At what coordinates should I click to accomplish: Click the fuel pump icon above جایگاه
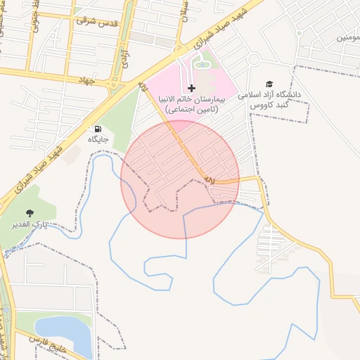click(97, 129)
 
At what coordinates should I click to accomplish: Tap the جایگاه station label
click(97, 139)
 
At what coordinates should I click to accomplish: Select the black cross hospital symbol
click(191, 88)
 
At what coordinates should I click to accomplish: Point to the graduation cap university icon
click(269, 83)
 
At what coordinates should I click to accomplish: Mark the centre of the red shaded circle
click(180, 179)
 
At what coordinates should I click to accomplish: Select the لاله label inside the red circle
click(210, 181)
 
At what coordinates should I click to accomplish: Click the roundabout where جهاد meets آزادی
click(113, 86)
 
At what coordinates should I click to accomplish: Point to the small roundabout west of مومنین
click(299, 33)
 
